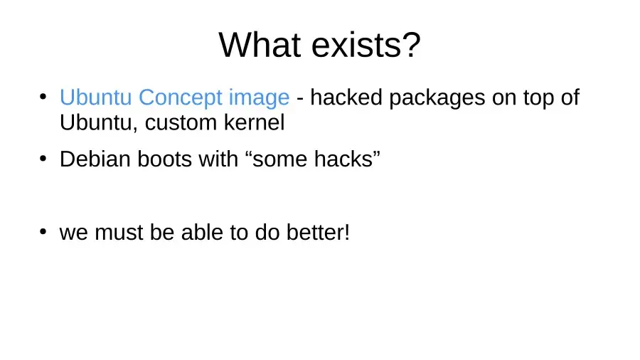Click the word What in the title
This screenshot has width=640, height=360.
[260, 45]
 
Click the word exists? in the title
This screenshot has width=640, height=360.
[366, 45]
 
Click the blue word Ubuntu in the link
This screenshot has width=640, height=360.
[95, 97]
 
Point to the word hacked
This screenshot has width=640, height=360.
[346, 97]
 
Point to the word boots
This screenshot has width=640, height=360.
[164, 159]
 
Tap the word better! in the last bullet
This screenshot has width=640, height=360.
[318, 232]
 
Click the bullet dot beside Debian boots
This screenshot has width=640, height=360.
[43, 158]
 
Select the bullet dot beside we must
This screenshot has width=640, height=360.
[43, 231]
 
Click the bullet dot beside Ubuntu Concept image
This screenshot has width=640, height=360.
[43, 97]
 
